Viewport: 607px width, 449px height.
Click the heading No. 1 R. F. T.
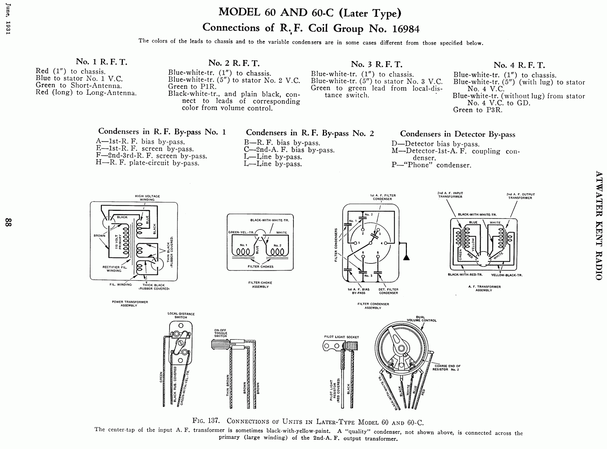[x=102, y=62]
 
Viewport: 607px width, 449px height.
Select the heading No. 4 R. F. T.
[x=519, y=65]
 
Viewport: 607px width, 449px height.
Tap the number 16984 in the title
[x=406, y=29]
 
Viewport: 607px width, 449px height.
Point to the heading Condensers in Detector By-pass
[x=458, y=134]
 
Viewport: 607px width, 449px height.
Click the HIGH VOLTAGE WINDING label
[x=147, y=198]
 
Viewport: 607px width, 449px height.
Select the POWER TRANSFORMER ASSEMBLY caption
[x=130, y=303]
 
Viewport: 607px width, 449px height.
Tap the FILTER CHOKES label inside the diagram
[x=260, y=267]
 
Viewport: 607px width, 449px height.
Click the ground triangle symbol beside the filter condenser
[x=406, y=257]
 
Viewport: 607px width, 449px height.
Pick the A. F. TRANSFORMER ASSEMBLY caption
[x=484, y=288]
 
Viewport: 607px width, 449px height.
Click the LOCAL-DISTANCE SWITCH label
[x=181, y=315]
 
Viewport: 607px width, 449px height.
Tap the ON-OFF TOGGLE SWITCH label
[x=220, y=333]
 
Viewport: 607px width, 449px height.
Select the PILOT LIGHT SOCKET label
[x=342, y=337]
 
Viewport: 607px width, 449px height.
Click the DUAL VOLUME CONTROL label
[x=422, y=319]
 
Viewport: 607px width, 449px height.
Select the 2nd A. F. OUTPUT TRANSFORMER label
[x=520, y=196]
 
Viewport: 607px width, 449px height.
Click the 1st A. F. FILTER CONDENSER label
[x=382, y=197]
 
